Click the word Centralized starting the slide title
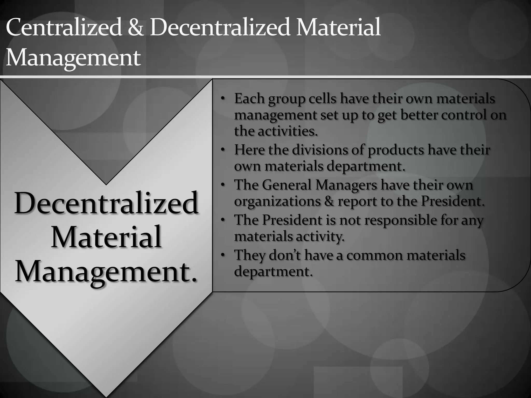tap(64, 27)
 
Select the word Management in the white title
tap(73, 58)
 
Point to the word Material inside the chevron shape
tap(106, 237)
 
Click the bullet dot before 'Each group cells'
tap(222, 99)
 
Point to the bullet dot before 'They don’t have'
tap(222, 255)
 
